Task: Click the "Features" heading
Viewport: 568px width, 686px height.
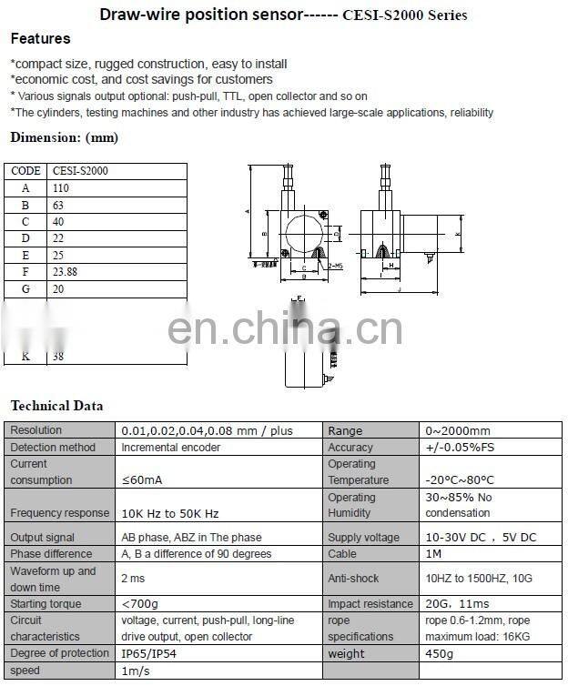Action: [40, 39]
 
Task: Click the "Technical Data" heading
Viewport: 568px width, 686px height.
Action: [56, 406]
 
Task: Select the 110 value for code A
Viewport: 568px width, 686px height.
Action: [61, 188]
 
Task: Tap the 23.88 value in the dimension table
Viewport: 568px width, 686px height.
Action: [66, 272]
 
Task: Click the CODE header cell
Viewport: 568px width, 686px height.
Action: [25, 171]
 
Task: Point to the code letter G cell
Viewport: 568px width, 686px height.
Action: [25, 288]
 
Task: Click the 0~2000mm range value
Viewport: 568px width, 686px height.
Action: [457, 431]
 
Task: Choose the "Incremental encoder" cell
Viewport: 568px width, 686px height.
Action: [167, 448]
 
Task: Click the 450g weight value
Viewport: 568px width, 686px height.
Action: [440, 654]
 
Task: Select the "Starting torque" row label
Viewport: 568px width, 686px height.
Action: [46, 604]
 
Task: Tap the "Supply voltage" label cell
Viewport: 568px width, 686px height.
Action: [364, 538]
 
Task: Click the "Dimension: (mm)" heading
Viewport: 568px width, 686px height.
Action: [64, 138]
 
